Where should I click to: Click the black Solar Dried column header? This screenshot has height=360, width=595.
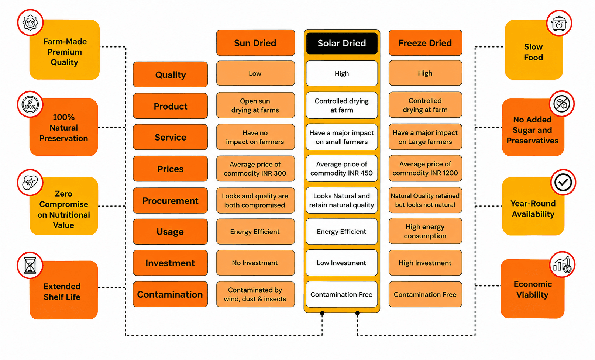pyautogui.click(x=341, y=43)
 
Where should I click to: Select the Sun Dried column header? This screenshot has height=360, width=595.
pyautogui.click(x=255, y=43)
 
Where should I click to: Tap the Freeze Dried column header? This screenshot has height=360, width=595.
pyautogui.click(x=425, y=43)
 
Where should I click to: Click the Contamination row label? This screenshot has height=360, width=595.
pyautogui.click(x=170, y=294)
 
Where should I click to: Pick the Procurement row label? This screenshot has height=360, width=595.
pyautogui.click(x=170, y=200)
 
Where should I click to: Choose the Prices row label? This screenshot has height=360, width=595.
pyautogui.click(x=170, y=169)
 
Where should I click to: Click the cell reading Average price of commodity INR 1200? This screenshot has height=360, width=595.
pyautogui.click(x=425, y=168)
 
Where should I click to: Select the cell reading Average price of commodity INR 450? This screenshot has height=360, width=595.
pyautogui.click(x=341, y=169)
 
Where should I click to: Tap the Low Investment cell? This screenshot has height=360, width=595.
pyautogui.click(x=341, y=263)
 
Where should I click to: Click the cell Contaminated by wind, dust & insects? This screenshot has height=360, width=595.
pyautogui.click(x=255, y=294)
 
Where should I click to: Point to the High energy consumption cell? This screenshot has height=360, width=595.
pyautogui.click(x=425, y=231)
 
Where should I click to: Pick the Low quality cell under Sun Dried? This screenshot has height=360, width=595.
pyautogui.click(x=255, y=73)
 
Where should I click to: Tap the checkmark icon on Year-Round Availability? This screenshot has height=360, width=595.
pyautogui.click(x=563, y=182)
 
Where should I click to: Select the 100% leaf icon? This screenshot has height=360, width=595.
pyautogui.click(x=30, y=104)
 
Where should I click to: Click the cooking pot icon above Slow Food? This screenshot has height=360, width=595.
pyautogui.click(x=559, y=23)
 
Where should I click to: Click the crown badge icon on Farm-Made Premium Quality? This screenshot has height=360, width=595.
pyautogui.click(x=30, y=22)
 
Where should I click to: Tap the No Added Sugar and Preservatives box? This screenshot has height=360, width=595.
pyautogui.click(x=533, y=127)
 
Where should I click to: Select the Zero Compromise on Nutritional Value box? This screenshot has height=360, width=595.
pyautogui.click(x=64, y=206)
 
